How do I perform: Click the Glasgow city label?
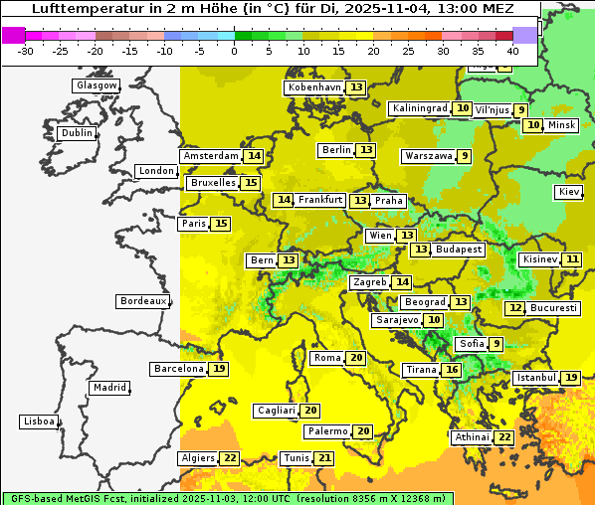click(x=96, y=85)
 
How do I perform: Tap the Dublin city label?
click(x=76, y=133)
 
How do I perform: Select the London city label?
click(x=156, y=171)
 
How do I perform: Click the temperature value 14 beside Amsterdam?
click(x=254, y=156)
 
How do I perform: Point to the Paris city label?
click(x=193, y=224)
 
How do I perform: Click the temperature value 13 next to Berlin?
click(x=366, y=150)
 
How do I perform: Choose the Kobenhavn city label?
click(x=314, y=87)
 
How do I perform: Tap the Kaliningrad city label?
click(x=418, y=108)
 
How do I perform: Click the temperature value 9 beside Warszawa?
click(x=464, y=156)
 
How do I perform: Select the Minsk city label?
click(x=562, y=125)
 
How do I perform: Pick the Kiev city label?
click(x=569, y=192)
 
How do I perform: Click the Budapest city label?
click(x=458, y=250)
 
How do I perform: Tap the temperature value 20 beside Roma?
click(x=356, y=358)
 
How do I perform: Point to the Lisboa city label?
click(x=38, y=421)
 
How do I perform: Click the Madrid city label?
click(x=108, y=388)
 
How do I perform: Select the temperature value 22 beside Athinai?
click(x=504, y=437)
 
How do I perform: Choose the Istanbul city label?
click(x=535, y=379)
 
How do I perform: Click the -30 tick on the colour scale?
click(x=26, y=50)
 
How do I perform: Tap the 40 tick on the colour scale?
click(x=512, y=50)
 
